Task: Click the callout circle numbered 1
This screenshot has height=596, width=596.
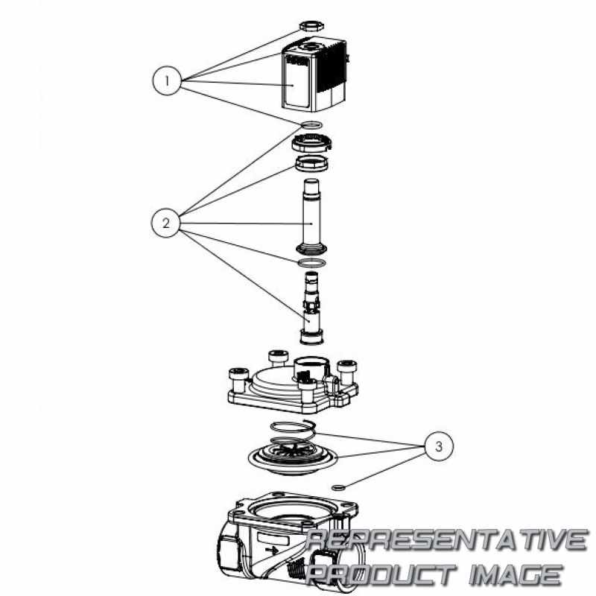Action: [x=167, y=81]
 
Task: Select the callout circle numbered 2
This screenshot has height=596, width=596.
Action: [x=165, y=223]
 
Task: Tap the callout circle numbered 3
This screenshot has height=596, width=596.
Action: [x=439, y=446]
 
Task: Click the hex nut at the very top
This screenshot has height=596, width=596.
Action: [x=311, y=27]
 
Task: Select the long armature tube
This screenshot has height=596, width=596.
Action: [x=311, y=216]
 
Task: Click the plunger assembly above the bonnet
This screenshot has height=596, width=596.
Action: [x=311, y=308]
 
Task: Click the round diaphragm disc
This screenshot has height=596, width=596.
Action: [x=293, y=457]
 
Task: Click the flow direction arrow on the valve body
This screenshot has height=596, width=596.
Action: [x=272, y=549]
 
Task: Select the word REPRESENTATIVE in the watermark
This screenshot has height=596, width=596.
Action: [x=446, y=539]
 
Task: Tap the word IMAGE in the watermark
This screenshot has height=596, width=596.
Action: [x=515, y=574]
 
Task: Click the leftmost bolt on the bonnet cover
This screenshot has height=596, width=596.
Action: [x=238, y=380]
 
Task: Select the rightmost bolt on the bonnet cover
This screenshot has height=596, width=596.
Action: [x=347, y=372]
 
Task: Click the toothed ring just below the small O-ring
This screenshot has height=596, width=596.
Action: [x=311, y=142]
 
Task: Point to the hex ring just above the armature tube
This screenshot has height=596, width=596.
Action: [x=312, y=163]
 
